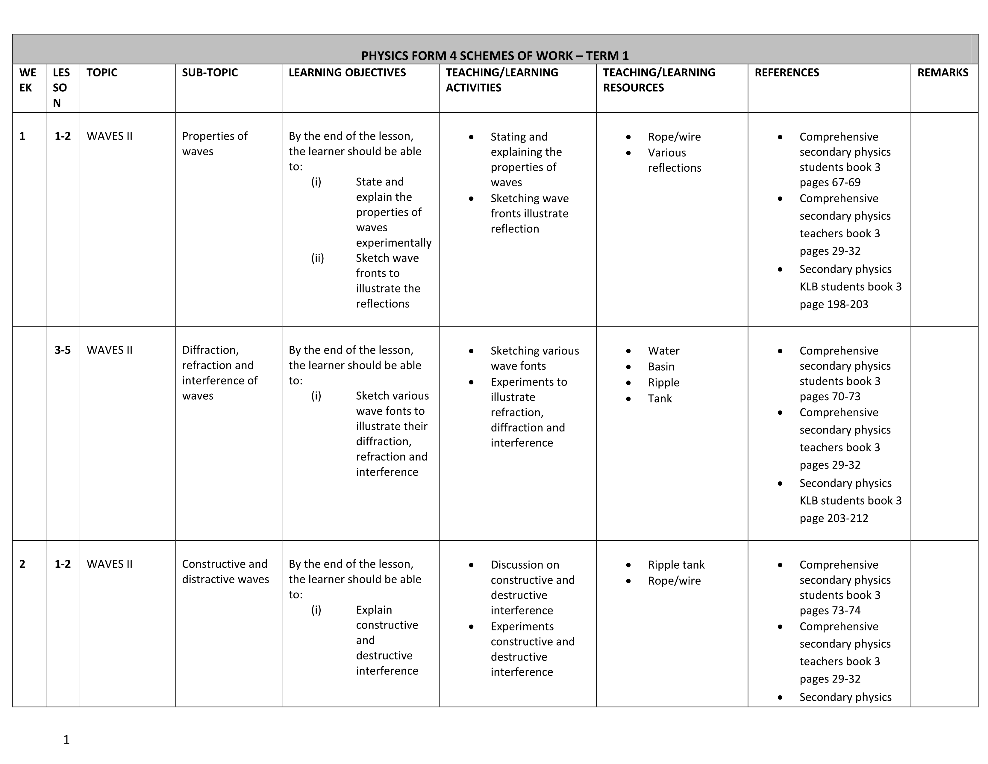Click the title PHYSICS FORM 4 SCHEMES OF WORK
tap(495, 56)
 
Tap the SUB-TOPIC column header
tap(210, 73)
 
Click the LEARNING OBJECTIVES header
tap(347, 73)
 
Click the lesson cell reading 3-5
tap(63, 350)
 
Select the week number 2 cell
tap(22, 564)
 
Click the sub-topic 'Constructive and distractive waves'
tap(225, 572)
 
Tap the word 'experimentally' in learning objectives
tap(394, 243)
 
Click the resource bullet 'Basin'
tap(661, 367)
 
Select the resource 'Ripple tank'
tap(676, 565)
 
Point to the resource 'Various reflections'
tap(674, 160)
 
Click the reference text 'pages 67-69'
tap(830, 182)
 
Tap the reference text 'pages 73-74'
tap(830, 611)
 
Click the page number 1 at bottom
tap(66, 739)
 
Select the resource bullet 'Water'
tap(663, 351)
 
